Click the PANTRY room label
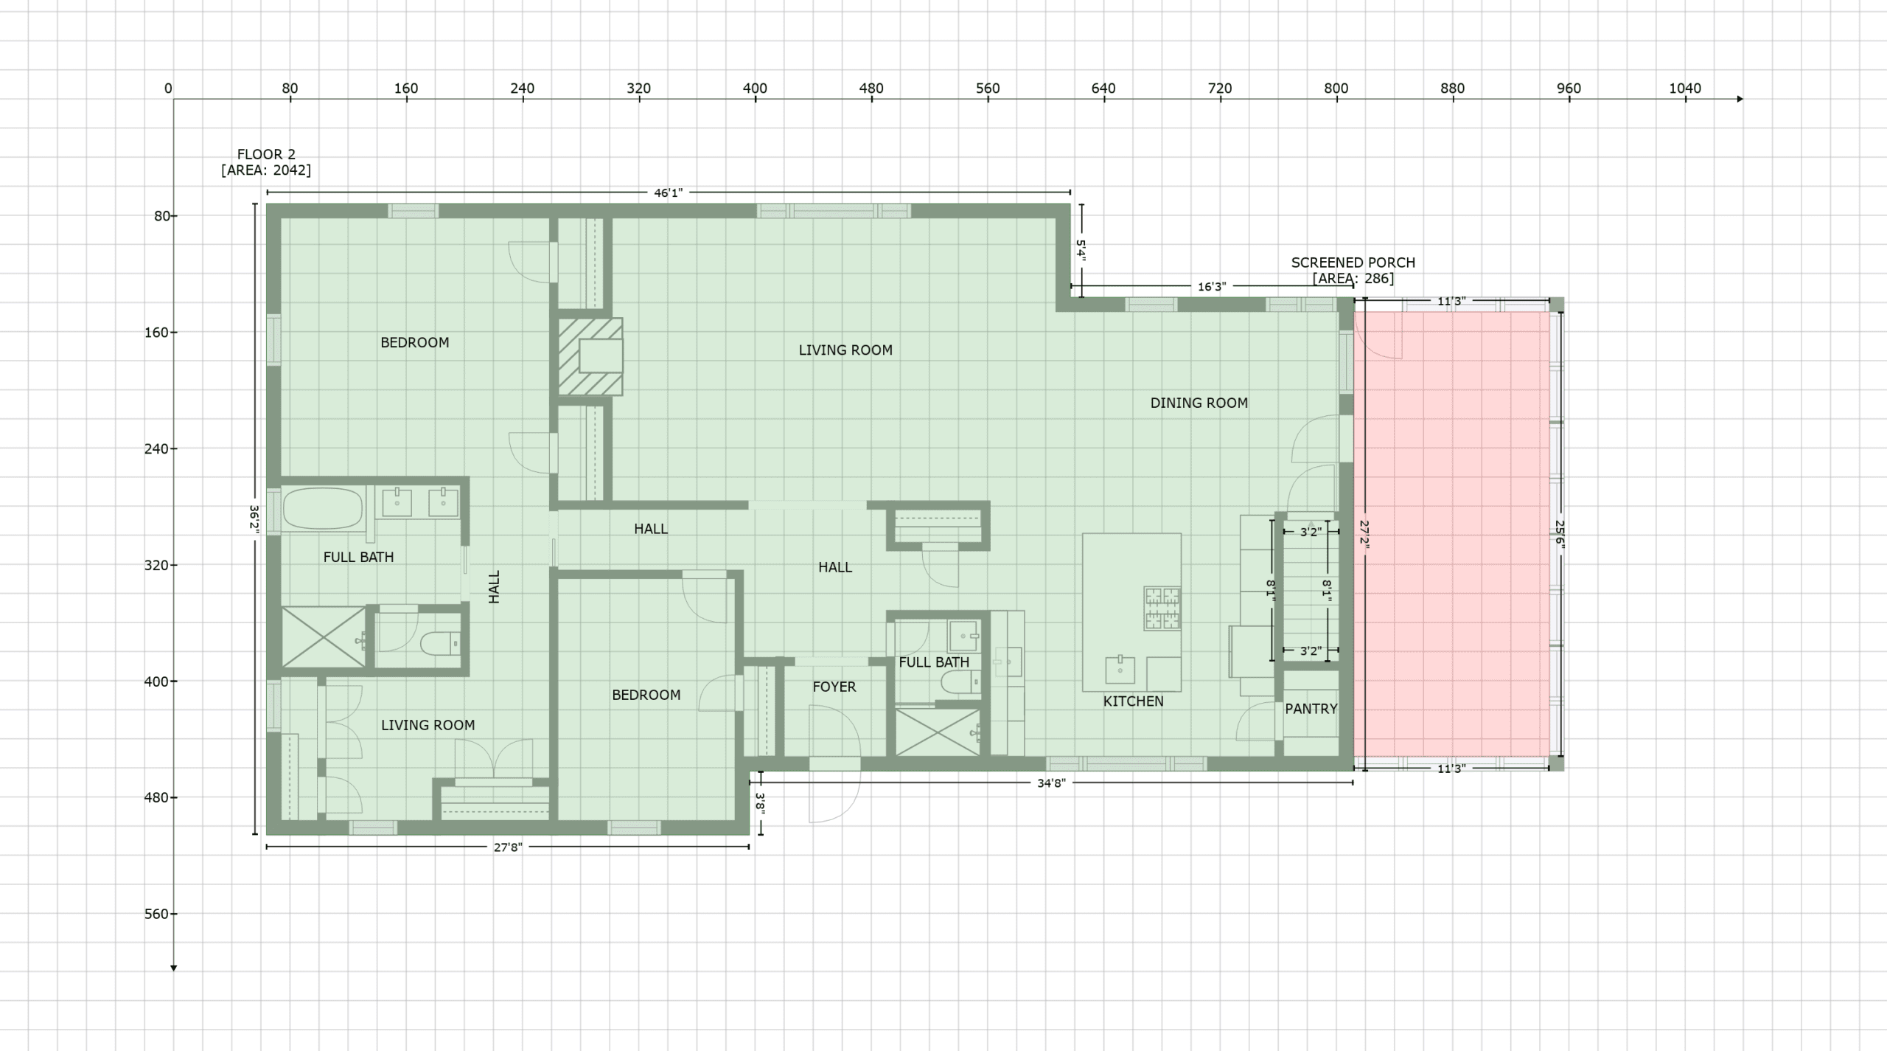[x=1311, y=709]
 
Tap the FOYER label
[x=834, y=687]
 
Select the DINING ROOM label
[x=1199, y=403]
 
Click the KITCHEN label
[x=1133, y=701]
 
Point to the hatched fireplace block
[x=590, y=357]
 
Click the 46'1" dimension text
[x=669, y=193]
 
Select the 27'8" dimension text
[x=508, y=847]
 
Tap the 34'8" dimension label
[x=1051, y=783]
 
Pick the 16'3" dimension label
[x=1212, y=287]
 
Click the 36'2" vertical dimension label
[x=254, y=518]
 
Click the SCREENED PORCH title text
[x=1353, y=263]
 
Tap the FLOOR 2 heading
[x=266, y=154]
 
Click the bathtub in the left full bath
[x=323, y=509]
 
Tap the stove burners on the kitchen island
[x=1162, y=608]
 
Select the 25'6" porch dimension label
[x=1560, y=533]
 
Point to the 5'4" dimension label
[x=1081, y=250]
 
